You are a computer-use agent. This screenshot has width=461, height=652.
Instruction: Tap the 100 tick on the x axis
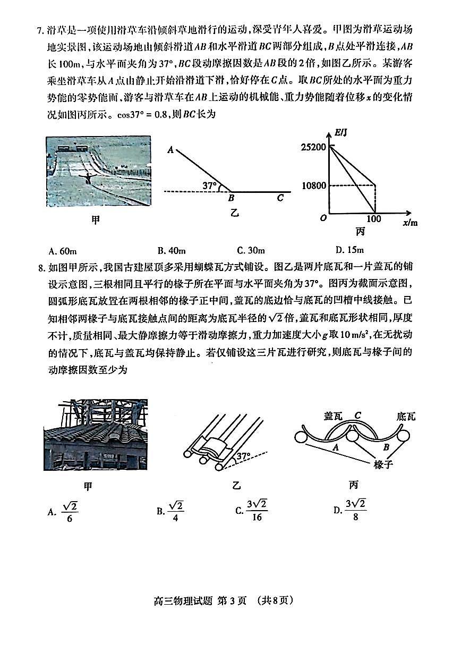[374, 218]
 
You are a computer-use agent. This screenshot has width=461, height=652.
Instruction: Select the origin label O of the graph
[323, 218]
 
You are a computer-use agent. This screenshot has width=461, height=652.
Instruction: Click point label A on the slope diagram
[170, 150]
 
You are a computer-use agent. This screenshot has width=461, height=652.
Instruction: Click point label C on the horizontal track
[280, 198]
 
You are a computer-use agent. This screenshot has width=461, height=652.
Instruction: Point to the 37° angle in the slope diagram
[211, 185]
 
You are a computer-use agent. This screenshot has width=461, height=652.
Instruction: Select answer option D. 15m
[349, 250]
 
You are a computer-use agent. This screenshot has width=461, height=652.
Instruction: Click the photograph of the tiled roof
[96, 435]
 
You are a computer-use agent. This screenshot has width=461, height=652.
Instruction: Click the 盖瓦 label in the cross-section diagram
[332, 416]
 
